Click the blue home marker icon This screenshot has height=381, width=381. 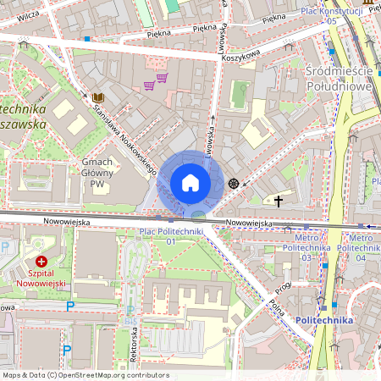point(190,182)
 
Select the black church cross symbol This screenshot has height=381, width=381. point(279,201)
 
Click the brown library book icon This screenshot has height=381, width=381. point(97,97)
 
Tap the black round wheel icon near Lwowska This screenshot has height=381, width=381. point(233,183)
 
